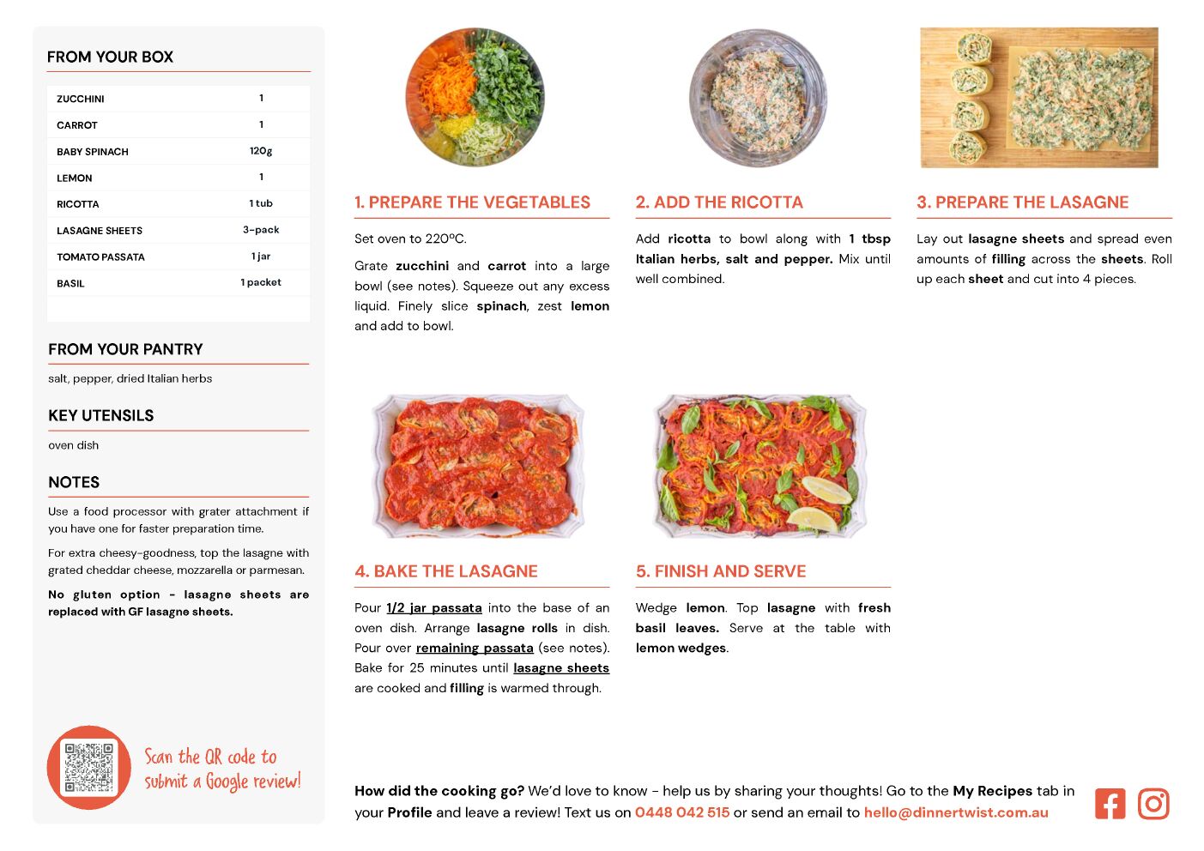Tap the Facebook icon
[x=1110, y=804]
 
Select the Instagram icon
[x=1153, y=804]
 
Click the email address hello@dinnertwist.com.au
[x=956, y=812]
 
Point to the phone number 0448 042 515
[x=682, y=812]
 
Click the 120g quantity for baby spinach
[x=261, y=151]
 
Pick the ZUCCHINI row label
[x=81, y=99]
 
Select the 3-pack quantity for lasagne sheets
[x=261, y=230]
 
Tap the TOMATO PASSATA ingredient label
[x=100, y=257]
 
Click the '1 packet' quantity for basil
[x=261, y=282]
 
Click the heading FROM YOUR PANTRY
[x=125, y=349]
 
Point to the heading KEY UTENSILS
[x=101, y=415]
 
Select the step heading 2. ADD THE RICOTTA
[x=719, y=202]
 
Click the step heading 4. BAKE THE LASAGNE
[x=446, y=571]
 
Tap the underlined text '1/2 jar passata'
[x=434, y=608]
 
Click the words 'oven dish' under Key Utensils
[x=73, y=445]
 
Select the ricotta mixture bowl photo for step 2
[x=758, y=98]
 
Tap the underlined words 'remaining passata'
[x=475, y=648]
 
